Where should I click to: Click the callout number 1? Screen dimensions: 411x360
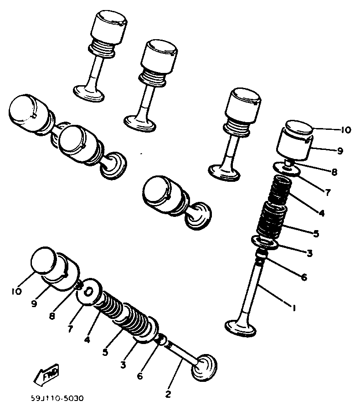click(x=294, y=308)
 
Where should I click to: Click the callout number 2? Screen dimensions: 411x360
click(x=168, y=395)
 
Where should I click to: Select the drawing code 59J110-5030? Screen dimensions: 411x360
click(x=58, y=398)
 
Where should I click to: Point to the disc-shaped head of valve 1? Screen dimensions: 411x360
click(x=242, y=328)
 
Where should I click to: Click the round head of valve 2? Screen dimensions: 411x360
click(x=205, y=367)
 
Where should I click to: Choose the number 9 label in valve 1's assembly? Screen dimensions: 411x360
click(x=340, y=150)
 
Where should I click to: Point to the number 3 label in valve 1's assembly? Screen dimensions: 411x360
click(x=309, y=253)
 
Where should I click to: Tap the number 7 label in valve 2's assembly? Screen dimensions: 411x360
click(x=70, y=328)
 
